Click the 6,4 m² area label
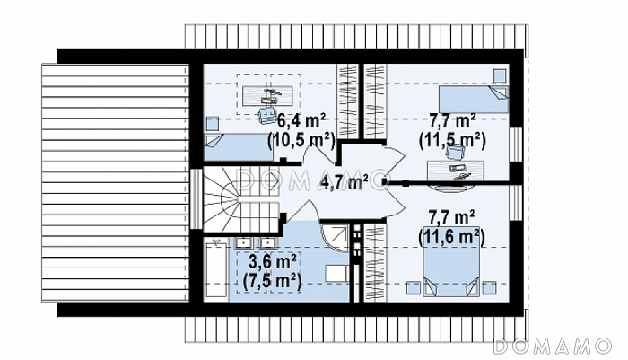pyautogui.click(x=301, y=120)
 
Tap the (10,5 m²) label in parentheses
pyautogui.click(x=301, y=141)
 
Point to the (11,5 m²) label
pyautogui.click(x=452, y=141)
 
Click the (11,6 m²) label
pyautogui.click(x=451, y=237)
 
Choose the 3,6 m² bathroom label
pyautogui.click(x=273, y=262)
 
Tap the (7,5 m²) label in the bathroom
pyautogui.click(x=272, y=281)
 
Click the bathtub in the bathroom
pyautogui.click(x=216, y=269)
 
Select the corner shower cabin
pyautogui.click(x=335, y=239)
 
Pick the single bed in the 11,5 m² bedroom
pyautogui.click(x=474, y=99)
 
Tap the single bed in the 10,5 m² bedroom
pyautogui.click(x=238, y=147)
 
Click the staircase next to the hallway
pyautogui.click(x=241, y=199)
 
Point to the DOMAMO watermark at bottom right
pyautogui.click(x=553, y=346)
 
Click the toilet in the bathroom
pyautogui.click(x=336, y=273)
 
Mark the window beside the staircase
pyautogui.click(x=196, y=198)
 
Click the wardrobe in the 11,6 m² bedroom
pyautogui.click(x=375, y=262)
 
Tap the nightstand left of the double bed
pyautogui.click(x=414, y=288)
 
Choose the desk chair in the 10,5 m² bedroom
pyautogui.click(x=267, y=115)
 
